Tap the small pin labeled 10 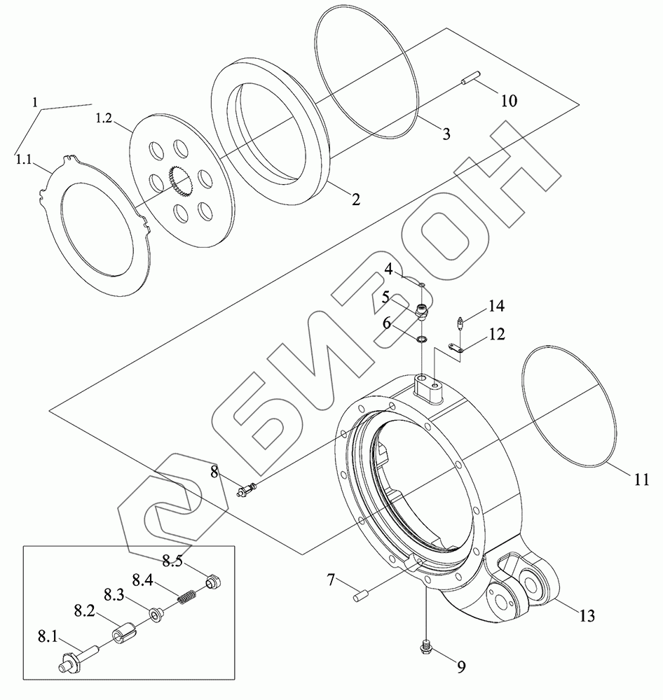click(x=470, y=80)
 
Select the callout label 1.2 click(x=103, y=118)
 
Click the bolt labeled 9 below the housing click(x=426, y=649)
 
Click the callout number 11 click(x=642, y=479)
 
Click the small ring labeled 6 click(x=422, y=339)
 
